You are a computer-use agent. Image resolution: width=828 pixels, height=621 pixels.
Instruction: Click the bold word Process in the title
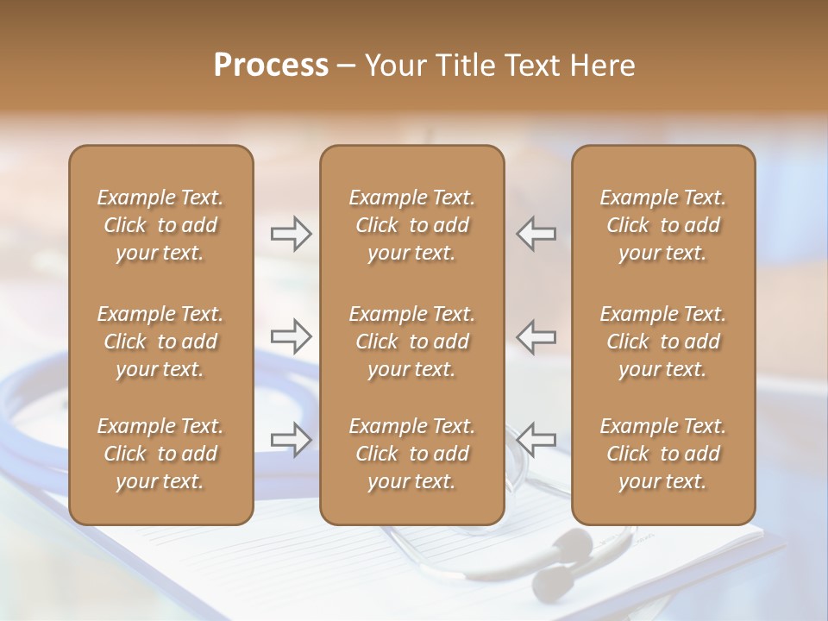point(271,66)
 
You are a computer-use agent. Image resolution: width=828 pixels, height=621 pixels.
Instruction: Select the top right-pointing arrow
point(291,233)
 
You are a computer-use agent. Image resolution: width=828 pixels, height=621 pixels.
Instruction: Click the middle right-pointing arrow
point(291,336)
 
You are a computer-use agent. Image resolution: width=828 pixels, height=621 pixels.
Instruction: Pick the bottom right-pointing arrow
point(291,439)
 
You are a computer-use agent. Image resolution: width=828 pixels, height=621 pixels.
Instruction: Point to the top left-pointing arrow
point(536,233)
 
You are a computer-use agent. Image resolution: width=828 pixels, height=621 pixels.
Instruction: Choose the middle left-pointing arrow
point(536,336)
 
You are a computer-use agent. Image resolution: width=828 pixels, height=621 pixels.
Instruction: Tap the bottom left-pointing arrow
point(536,439)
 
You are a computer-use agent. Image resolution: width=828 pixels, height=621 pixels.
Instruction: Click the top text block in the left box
point(160,225)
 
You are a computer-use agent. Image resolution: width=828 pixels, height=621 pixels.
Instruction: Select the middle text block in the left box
point(160,342)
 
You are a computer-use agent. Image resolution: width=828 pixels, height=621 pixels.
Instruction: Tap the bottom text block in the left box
point(160,454)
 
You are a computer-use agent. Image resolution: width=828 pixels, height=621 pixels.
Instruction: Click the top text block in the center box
point(412,225)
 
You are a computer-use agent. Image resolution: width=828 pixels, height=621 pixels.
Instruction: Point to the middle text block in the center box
point(412,342)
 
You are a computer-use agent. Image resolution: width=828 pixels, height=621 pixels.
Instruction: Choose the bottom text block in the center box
point(412,454)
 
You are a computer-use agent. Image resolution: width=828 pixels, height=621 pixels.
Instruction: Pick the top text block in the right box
point(663,225)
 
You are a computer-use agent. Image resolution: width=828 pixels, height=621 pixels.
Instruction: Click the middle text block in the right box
point(663,342)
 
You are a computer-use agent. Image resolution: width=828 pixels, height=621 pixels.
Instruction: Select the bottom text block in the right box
point(663,454)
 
